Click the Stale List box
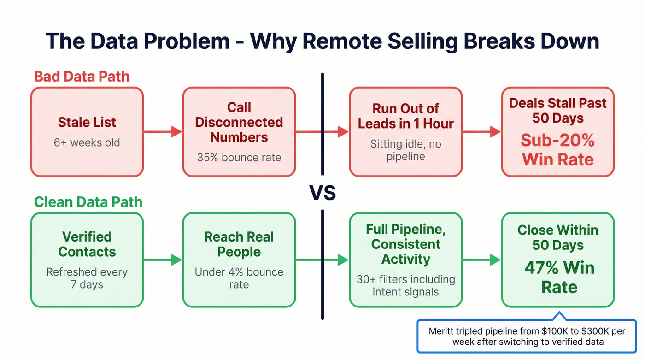[x=87, y=132]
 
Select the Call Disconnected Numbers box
[x=239, y=132]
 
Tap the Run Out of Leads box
[x=405, y=132]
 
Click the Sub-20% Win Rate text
[x=558, y=150]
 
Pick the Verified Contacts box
[x=87, y=260]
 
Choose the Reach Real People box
[x=239, y=260]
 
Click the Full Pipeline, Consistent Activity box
[x=405, y=260]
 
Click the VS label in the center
[x=322, y=193]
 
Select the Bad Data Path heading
[x=82, y=77]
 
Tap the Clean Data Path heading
[x=88, y=202]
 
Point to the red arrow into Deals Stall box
[x=481, y=132]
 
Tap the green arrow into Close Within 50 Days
[x=481, y=260]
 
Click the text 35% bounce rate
[x=239, y=157]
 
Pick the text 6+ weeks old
[x=87, y=142]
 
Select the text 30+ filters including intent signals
[x=405, y=285]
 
